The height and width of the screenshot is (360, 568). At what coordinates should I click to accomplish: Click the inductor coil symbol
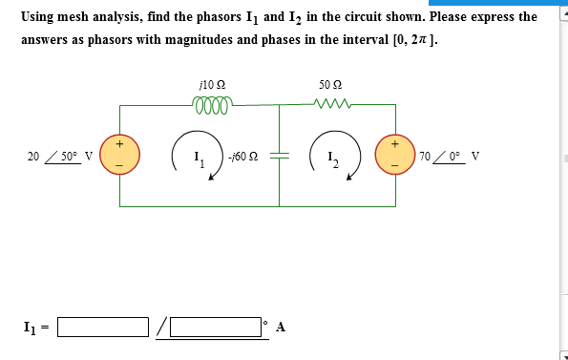click(x=211, y=103)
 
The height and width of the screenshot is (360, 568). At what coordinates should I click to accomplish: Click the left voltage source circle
click(x=120, y=155)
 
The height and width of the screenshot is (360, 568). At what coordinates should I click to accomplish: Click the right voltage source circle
click(x=396, y=155)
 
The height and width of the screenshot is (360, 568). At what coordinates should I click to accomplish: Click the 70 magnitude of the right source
click(x=426, y=156)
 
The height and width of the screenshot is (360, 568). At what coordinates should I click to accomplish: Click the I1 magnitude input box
click(x=104, y=328)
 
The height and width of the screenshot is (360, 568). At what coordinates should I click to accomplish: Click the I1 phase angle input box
click(x=216, y=328)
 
